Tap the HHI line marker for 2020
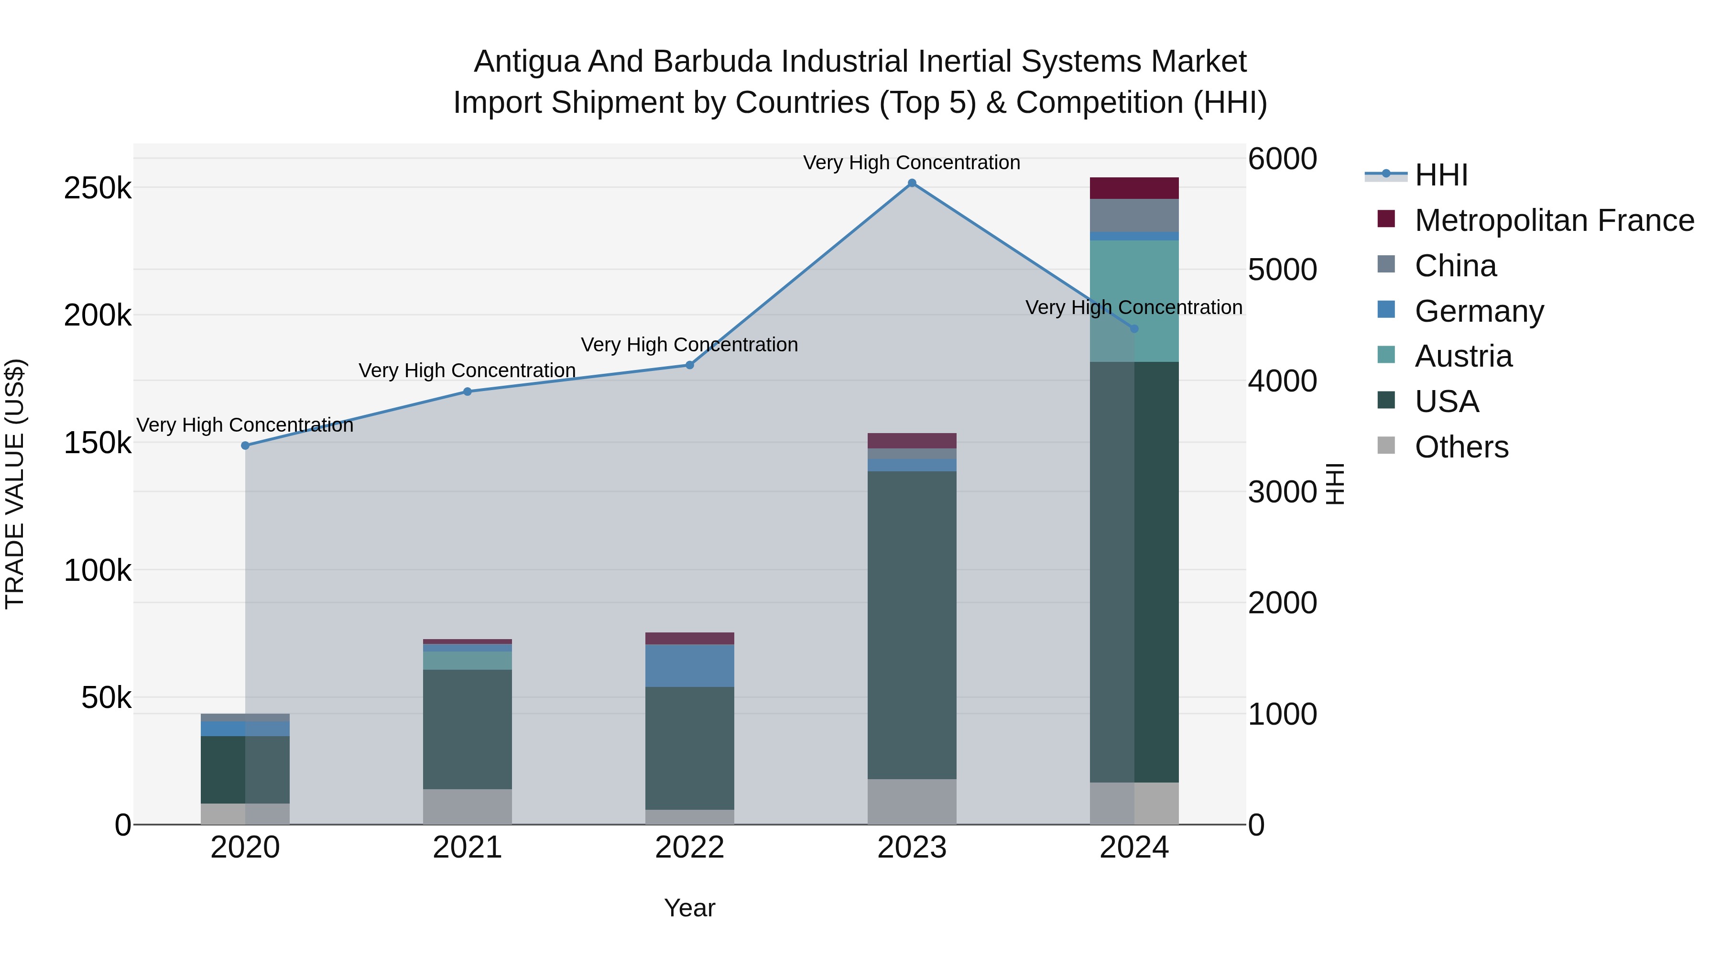coord(245,446)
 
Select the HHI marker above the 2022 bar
coord(689,365)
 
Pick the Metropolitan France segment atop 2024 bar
coord(1134,188)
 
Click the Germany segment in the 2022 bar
coord(689,665)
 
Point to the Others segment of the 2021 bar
coord(467,806)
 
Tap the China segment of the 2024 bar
coord(1134,215)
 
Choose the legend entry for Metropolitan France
coord(1554,220)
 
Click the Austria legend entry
coord(1463,356)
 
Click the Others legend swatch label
coord(1461,447)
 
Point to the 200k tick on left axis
coord(98,315)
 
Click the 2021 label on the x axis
coord(467,848)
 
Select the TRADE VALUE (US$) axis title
coord(15,484)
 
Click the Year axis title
coord(689,908)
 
